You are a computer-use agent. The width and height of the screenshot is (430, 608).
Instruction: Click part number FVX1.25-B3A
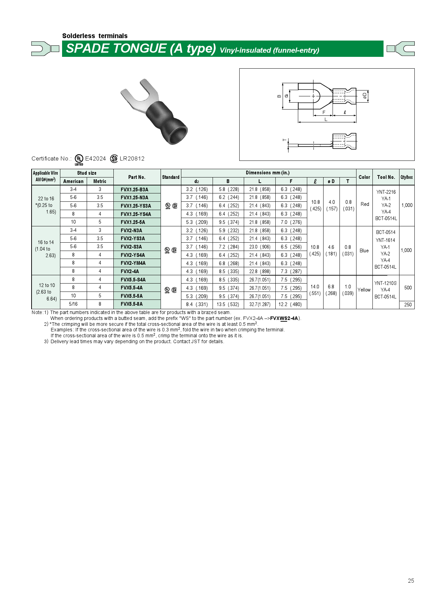[135, 190]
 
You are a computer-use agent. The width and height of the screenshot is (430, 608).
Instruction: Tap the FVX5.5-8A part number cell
[132, 304]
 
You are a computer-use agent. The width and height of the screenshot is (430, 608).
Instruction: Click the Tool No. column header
[386, 177]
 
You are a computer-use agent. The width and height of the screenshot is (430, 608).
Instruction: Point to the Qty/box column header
[406, 177]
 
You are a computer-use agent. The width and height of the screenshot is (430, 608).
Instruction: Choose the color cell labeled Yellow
[364, 290]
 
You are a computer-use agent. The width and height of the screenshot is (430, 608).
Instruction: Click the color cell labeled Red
[365, 204]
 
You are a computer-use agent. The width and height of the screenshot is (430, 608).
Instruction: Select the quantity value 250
[408, 305]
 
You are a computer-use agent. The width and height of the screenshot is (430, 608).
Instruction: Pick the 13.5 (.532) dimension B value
[228, 304]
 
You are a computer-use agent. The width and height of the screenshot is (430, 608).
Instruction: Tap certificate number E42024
[95, 158]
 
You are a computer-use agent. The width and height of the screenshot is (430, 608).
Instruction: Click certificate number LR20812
[132, 158]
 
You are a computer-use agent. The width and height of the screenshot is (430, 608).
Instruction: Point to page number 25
[411, 581]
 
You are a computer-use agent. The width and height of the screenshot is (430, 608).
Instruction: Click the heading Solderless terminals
[95, 36]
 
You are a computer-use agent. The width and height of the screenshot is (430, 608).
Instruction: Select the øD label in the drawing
[364, 96]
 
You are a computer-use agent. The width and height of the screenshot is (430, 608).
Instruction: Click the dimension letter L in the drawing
[326, 119]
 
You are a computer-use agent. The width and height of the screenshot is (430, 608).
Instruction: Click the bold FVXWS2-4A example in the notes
[284, 318]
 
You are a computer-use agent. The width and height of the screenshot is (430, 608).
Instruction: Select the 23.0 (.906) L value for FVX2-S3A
[260, 247]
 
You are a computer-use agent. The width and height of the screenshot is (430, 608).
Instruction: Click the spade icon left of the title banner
[45, 49]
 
